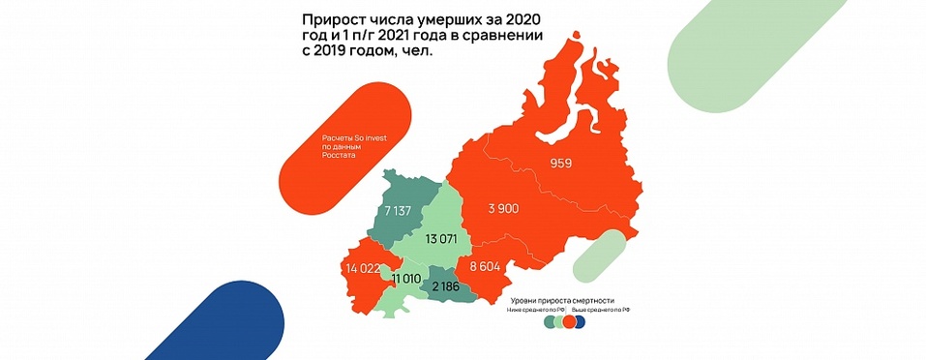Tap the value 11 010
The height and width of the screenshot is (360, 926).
pyautogui.click(x=407, y=278)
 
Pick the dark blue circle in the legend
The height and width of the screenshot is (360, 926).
pyautogui.click(x=580, y=323)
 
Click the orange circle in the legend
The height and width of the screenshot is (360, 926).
pyautogui.click(x=570, y=323)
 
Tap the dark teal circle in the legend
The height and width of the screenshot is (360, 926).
pyautogui.click(x=550, y=323)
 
